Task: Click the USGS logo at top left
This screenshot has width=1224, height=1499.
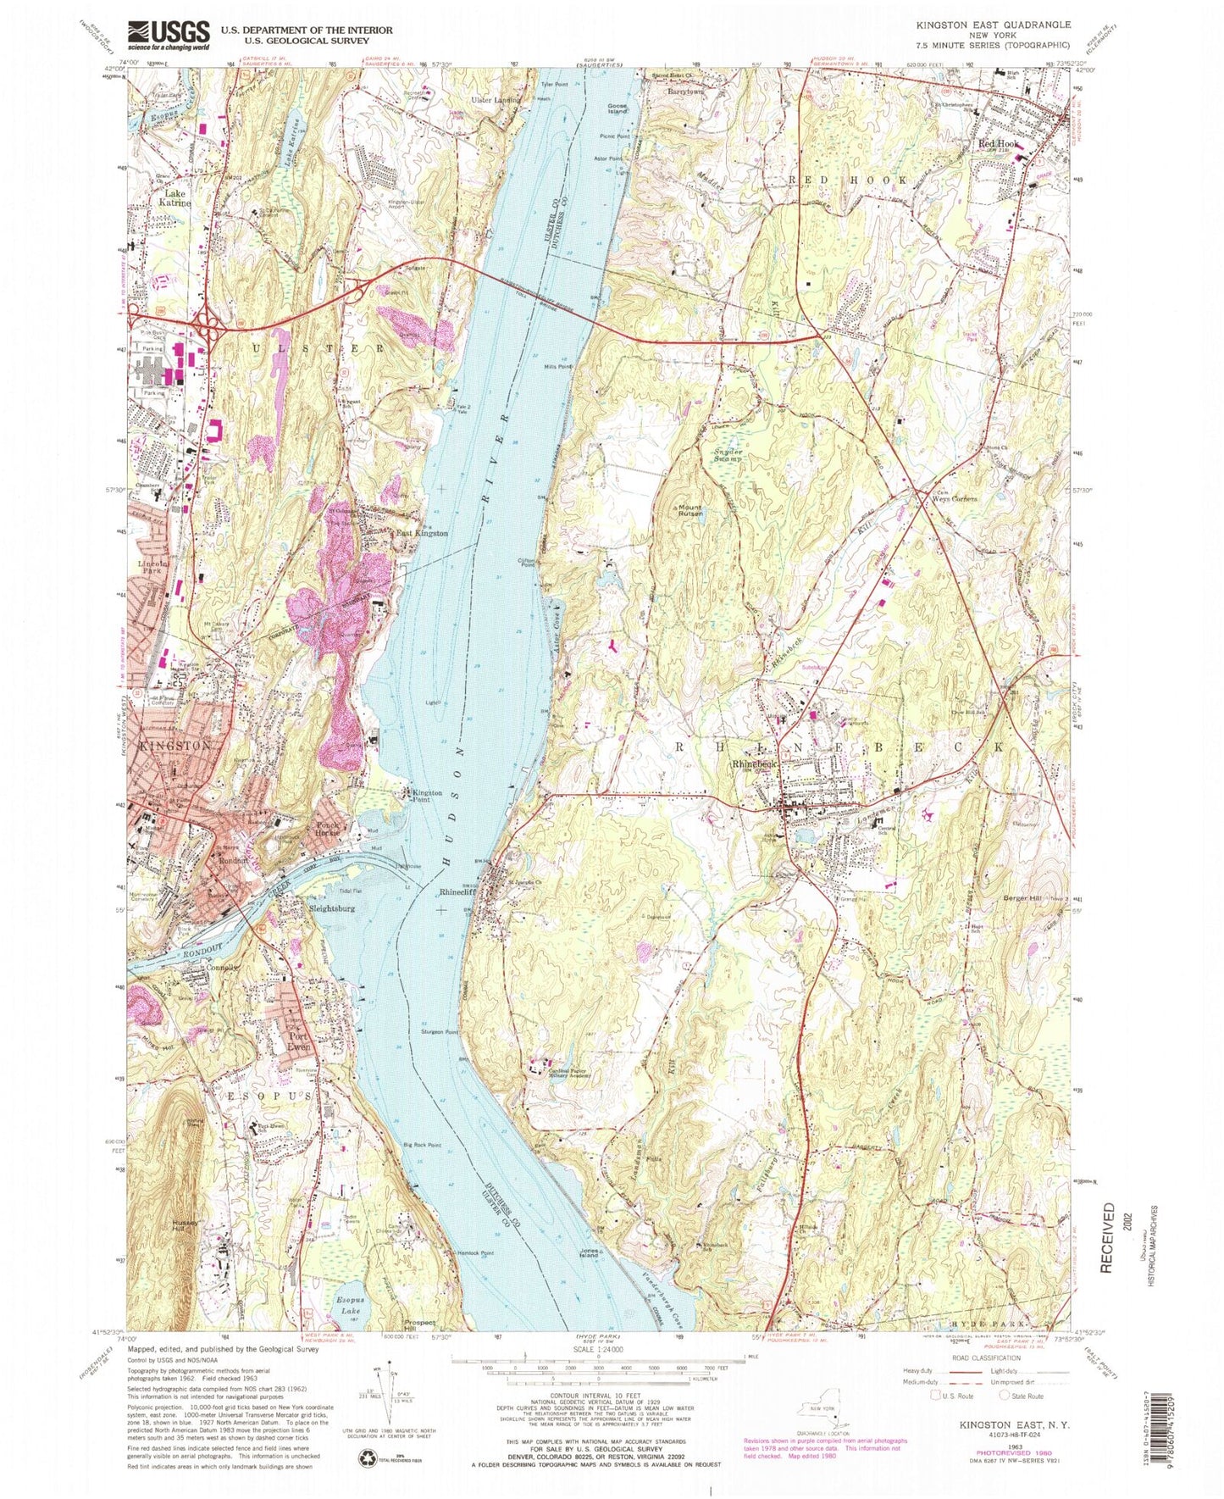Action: point(169,36)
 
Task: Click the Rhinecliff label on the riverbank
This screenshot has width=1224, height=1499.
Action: point(461,892)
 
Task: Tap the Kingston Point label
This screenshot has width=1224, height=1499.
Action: point(427,797)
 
